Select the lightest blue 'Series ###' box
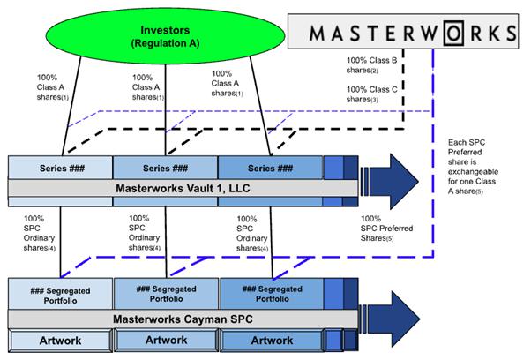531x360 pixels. pos(61,168)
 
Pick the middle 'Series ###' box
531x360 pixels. pos(166,168)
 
